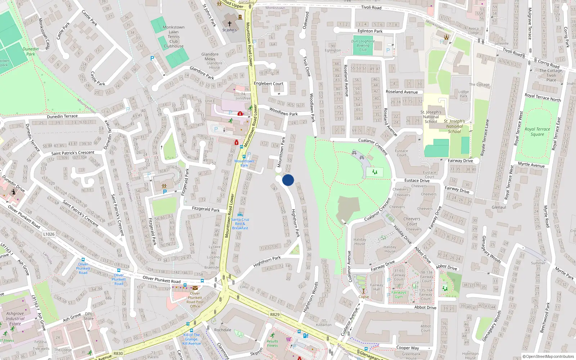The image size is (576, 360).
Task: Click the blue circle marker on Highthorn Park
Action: coord(288,180)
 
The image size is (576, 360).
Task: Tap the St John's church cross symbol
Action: coord(229,24)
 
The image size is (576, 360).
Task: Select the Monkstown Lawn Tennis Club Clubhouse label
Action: coord(174,37)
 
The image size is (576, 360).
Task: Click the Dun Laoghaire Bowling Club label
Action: coord(363,45)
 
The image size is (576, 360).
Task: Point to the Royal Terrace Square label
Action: coord(537,131)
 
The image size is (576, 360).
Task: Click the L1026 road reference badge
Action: coord(49,234)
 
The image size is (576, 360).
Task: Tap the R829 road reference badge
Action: coord(275,314)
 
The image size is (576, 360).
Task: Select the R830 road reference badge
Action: coord(118,353)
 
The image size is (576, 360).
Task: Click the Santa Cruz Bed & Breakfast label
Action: coord(240,224)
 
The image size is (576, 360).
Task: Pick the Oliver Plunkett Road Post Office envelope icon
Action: coord(195,288)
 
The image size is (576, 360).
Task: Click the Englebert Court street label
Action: coord(269,84)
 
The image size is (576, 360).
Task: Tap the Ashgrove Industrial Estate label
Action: coord(15,319)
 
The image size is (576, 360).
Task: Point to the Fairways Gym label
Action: coord(399,294)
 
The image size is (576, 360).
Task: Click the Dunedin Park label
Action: coord(31,51)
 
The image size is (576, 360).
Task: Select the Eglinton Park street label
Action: coord(370,31)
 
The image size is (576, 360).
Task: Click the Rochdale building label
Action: coord(222,330)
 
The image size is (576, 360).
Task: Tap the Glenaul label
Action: coord(499,207)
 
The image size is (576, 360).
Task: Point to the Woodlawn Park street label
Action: coord(284,112)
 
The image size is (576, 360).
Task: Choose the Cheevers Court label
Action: coord(412,221)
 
